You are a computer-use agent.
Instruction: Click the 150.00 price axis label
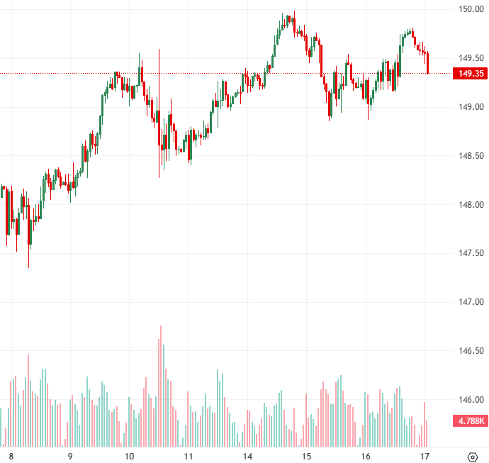(470, 9)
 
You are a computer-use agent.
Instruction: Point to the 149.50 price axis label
(470, 58)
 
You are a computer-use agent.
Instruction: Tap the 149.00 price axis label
(470, 107)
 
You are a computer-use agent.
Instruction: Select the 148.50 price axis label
(470, 156)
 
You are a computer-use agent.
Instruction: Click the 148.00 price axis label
(470, 205)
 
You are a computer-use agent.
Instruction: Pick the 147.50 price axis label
(470, 253)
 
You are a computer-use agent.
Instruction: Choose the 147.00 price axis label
(470, 302)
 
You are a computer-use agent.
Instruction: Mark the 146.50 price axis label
(470, 351)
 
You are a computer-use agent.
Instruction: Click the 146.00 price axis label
(470, 400)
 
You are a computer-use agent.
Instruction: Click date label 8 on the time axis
(11, 456)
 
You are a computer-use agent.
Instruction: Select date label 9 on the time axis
(69, 456)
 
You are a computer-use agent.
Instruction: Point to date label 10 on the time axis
(129, 456)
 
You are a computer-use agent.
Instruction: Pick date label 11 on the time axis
(189, 456)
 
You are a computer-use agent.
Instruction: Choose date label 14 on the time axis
(247, 456)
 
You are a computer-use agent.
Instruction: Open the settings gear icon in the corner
(473, 456)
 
